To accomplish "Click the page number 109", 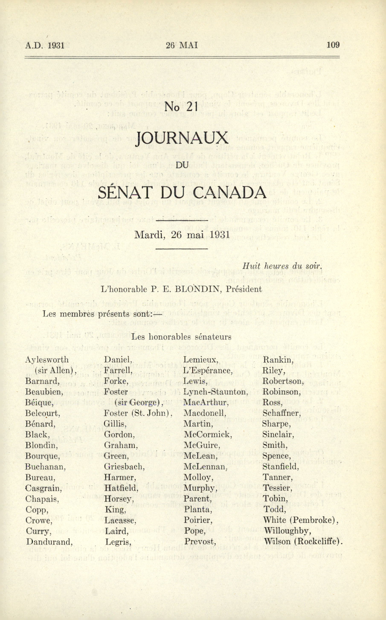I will [x=333, y=45].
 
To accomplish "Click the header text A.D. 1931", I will [x=44, y=45].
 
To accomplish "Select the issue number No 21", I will [x=182, y=107].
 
